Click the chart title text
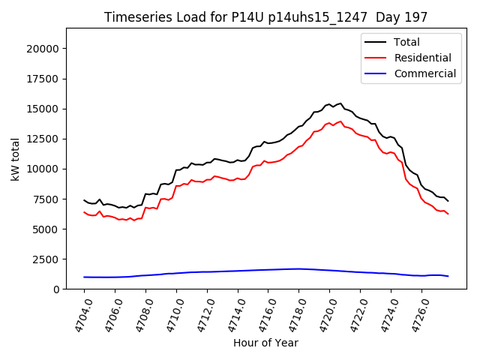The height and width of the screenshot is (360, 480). click(x=265, y=17)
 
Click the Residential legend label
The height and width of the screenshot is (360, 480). click(x=422, y=58)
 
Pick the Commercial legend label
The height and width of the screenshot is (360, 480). click(x=424, y=73)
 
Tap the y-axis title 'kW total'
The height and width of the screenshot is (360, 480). click(x=16, y=158)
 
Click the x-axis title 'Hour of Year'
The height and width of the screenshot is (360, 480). click(x=265, y=343)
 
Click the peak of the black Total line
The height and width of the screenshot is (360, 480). click(x=340, y=103)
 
